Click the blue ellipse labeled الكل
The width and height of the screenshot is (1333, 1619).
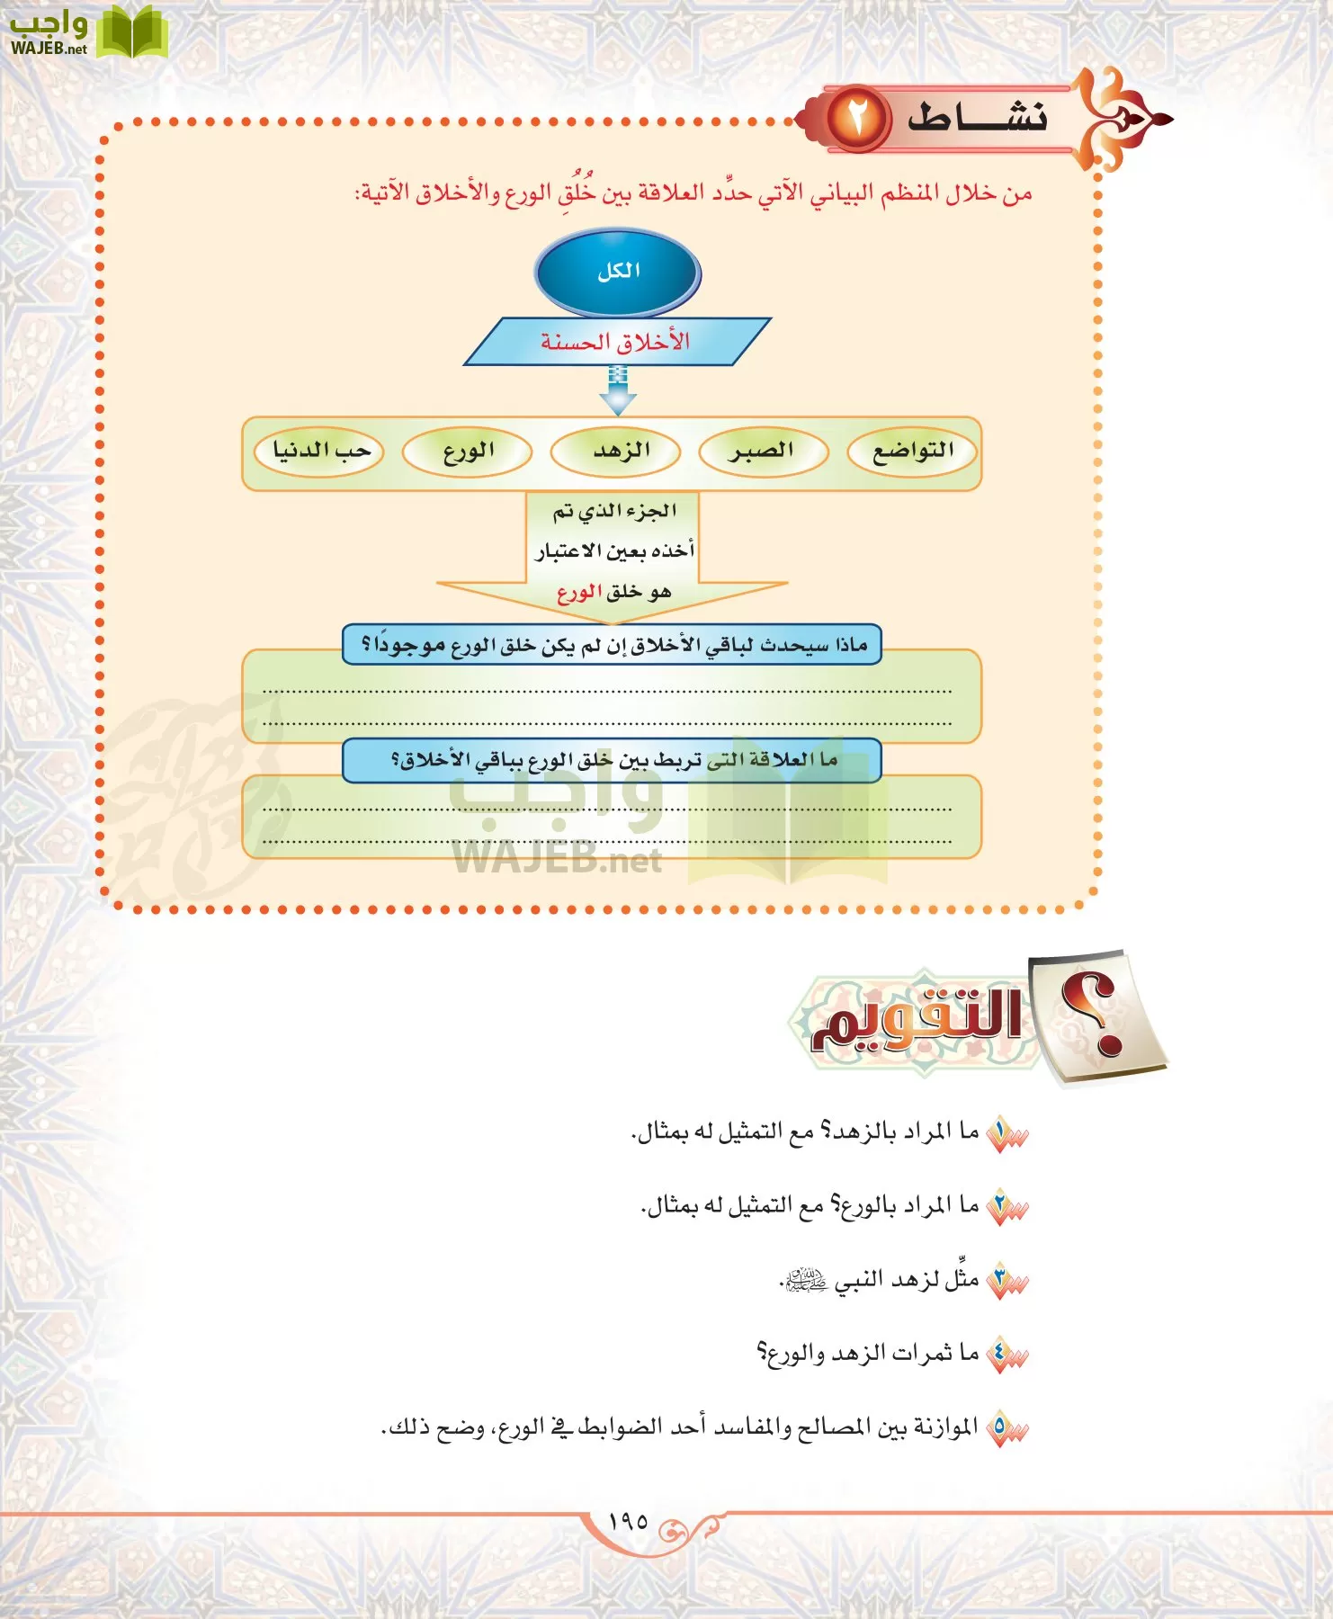[x=618, y=273]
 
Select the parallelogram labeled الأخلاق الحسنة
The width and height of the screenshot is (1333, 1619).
[x=617, y=342]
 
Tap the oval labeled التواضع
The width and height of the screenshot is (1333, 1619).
[x=913, y=452]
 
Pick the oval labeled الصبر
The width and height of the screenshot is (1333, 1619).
[x=763, y=452]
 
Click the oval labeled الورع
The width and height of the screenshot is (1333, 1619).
[x=467, y=452]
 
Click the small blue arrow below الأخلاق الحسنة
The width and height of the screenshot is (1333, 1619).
[x=617, y=389]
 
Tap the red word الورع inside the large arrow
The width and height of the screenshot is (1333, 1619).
[x=578, y=593]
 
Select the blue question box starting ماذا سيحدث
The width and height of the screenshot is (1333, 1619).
[x=612, y=645]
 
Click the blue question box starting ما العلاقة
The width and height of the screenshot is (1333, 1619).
[x=612, y=760]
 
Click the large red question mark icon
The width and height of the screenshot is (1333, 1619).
[x=1098, y=1016]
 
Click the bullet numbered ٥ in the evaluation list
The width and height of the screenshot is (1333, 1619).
[x=1005, y=1428]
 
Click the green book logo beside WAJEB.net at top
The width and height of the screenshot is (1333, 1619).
[x=132, y=32]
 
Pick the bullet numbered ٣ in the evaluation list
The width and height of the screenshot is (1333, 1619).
[x=1005, y=1282]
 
